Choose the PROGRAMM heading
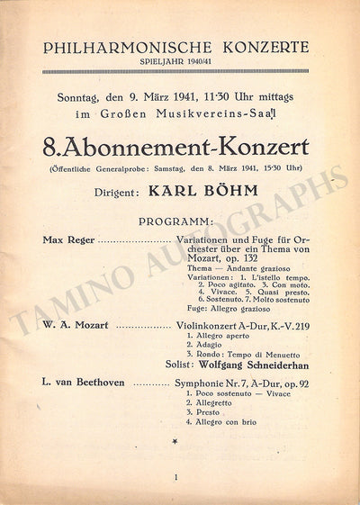(x=176, y=221)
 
